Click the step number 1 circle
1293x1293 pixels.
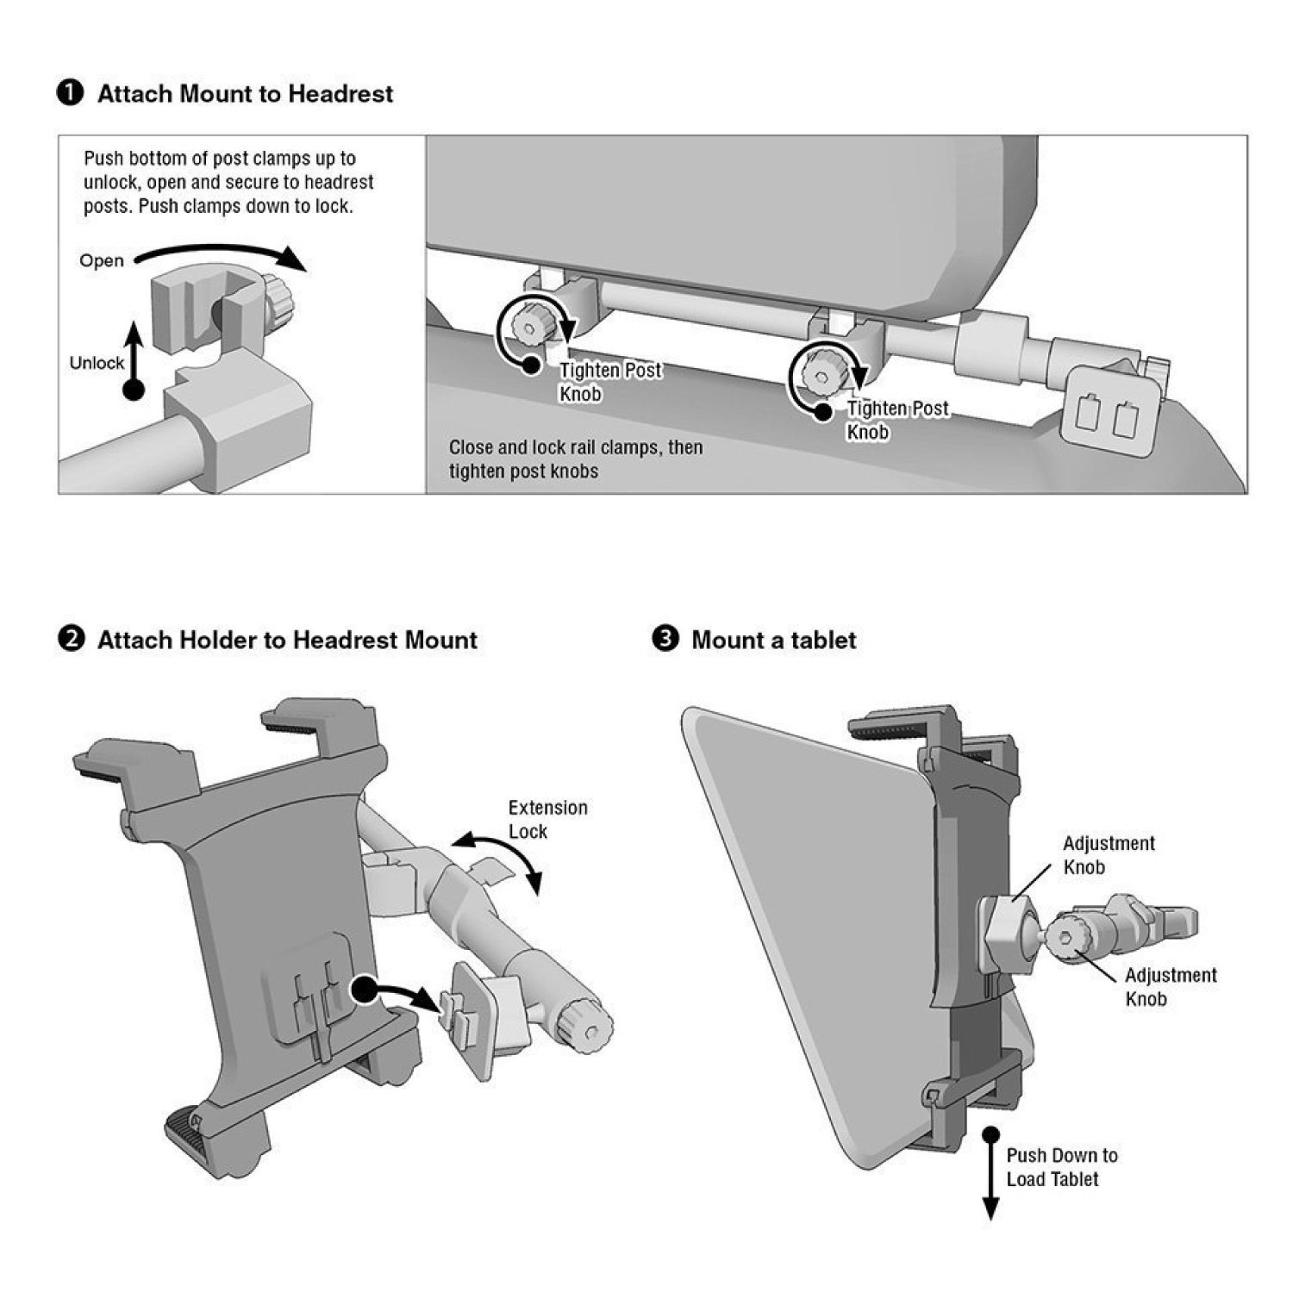70,93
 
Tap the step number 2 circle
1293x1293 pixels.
70,640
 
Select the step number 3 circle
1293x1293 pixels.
665,640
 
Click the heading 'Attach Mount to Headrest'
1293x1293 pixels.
245,94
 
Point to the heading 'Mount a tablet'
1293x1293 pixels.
773,640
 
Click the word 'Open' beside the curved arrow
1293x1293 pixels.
102,261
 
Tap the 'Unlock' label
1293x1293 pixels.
97,363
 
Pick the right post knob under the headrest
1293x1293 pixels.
818,372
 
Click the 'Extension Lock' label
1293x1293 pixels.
547,820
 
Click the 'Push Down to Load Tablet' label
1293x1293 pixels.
1061,1167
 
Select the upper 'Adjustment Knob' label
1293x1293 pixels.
1109,855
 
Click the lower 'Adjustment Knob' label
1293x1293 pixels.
1171,987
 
